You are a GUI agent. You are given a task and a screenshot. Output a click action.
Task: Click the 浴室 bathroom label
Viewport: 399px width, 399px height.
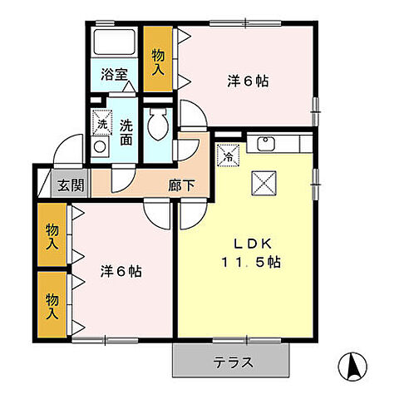pos(115,74)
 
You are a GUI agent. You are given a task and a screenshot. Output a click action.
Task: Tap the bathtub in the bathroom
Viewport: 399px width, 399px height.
pos(114,41)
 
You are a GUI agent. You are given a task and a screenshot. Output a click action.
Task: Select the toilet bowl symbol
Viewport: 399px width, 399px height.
pos(155,126)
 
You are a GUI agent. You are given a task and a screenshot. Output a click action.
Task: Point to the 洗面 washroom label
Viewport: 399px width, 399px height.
pos(126,131)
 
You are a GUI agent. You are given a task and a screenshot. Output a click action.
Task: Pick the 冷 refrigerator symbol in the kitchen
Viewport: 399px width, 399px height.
pos(229,155)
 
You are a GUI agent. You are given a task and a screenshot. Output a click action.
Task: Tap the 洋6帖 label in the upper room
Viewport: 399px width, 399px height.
pos(249,81)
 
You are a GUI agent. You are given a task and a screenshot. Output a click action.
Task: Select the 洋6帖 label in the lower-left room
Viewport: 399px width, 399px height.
pos(121,271)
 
